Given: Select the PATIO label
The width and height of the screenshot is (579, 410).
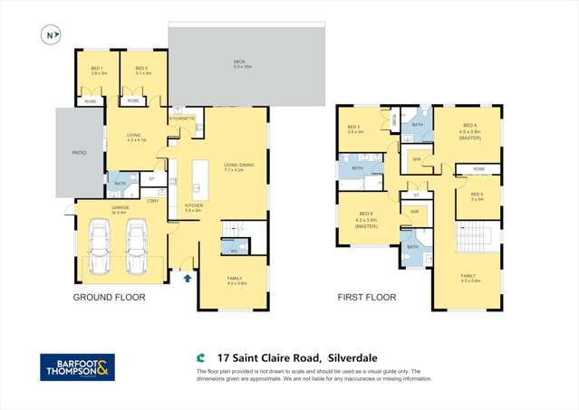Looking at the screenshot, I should [x=79, y=152].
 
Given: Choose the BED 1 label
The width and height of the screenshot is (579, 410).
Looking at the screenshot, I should [x=96, y=70].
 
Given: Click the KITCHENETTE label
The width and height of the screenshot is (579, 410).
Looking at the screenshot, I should [x=181, y=118].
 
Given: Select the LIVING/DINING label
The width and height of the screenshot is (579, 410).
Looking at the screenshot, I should [x=238, y=166].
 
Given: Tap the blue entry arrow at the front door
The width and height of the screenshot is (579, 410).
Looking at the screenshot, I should [x=188, y=278].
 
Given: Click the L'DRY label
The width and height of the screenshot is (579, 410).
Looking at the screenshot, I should [x=153, y=200].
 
